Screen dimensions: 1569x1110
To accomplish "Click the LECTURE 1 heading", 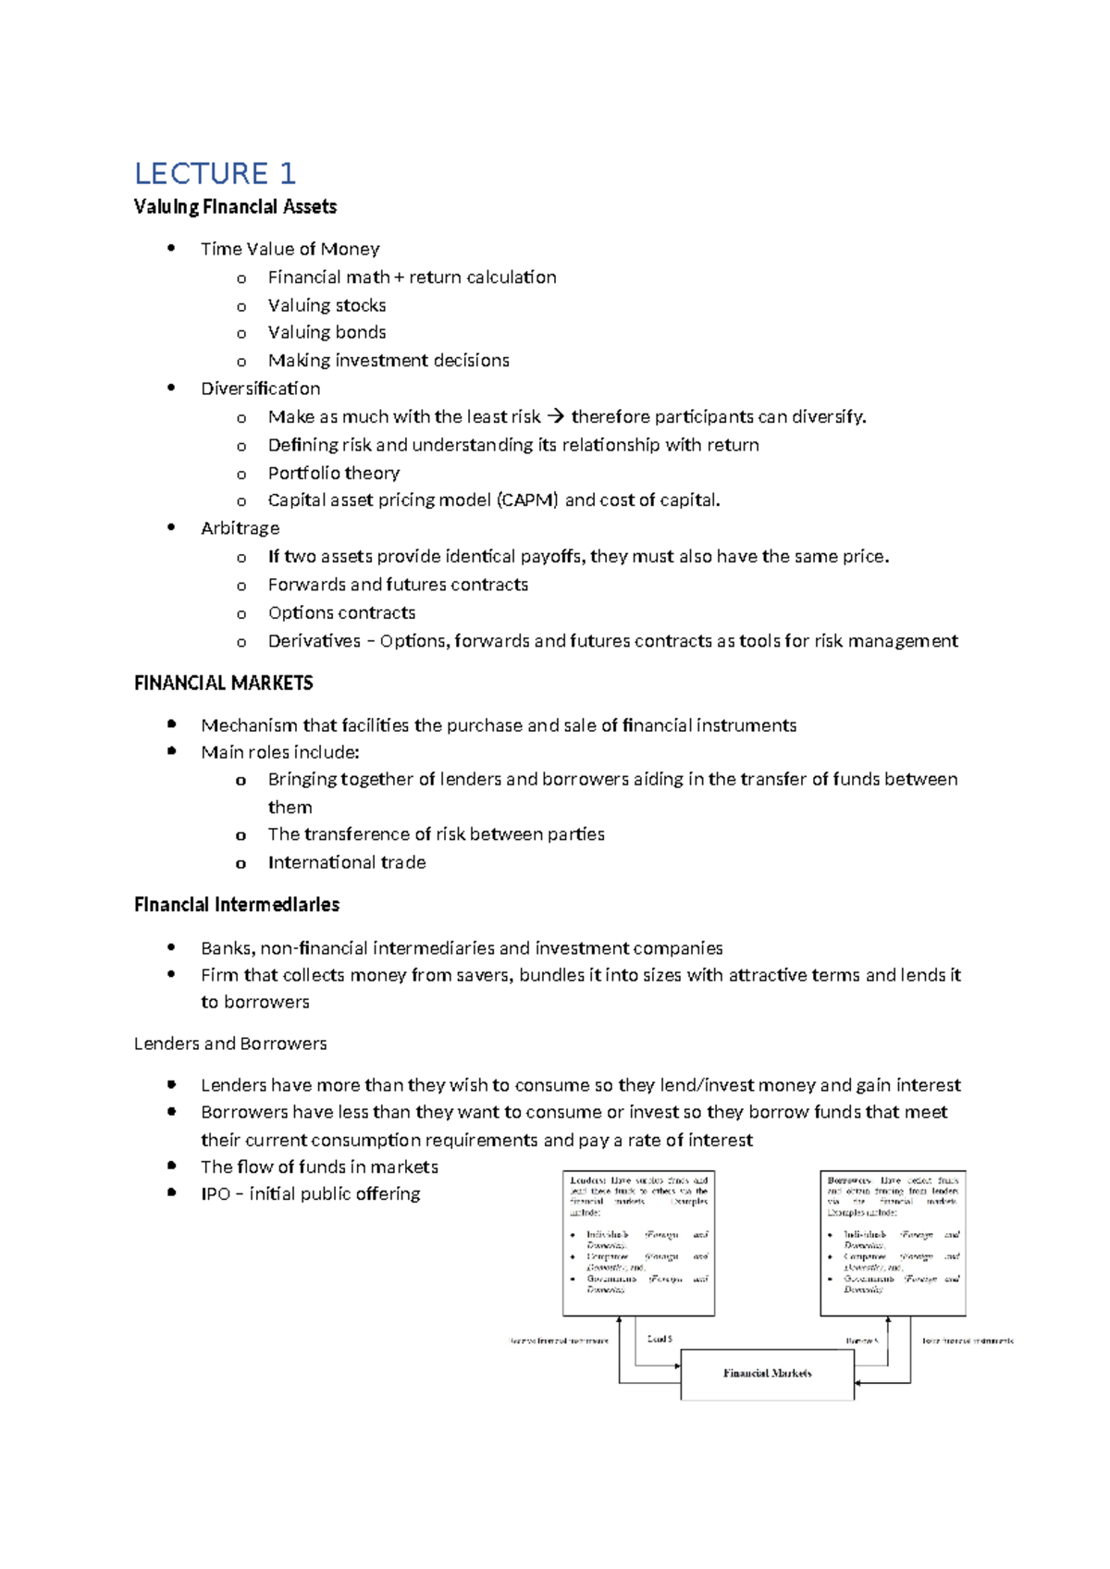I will tap(215, 174).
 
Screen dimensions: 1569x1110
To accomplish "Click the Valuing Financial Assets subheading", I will tap(235, 207).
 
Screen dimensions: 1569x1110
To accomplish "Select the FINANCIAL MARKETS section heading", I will tap(224, 684).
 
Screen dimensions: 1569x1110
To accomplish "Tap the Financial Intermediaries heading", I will tap(237, 905).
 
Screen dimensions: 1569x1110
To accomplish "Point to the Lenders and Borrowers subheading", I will tap(230, 1044).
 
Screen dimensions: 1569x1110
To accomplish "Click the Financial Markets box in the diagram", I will tap(767, 1374).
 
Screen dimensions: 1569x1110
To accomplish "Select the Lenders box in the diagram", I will tap(638, 1242).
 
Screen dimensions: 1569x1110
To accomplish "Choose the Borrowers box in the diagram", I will tap(893, 1242).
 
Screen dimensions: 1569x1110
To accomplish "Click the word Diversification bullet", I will tap(261, 389).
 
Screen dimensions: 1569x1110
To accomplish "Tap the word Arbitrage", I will tap(240, 528).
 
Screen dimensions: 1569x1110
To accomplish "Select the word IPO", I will tap(216, 1194).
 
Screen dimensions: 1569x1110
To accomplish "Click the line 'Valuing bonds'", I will tap(327, 332).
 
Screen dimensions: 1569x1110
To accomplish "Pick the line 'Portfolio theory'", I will tap(333, 473).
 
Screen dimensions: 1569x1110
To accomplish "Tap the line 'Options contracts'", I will tap(341, 612).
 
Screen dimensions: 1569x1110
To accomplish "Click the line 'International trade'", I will tap(347, 862).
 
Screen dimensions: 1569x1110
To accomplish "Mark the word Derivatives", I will tap(314, 641).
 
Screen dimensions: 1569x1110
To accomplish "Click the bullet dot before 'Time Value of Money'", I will tap(171, 248).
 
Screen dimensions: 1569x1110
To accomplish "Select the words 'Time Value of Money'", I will tap(290, 249).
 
